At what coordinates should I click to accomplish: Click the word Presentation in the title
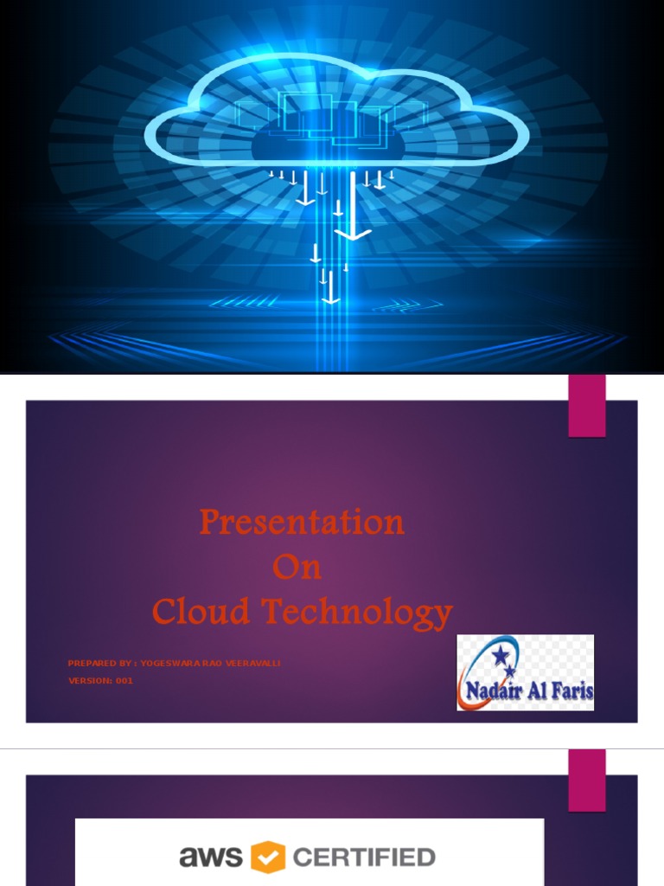tap(302, 522)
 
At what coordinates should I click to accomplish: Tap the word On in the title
tap(297, 568)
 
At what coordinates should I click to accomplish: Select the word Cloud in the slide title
tap(201, 613)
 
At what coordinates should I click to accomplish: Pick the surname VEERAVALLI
tap(252, 664)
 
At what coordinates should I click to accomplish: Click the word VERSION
tap(89, 681)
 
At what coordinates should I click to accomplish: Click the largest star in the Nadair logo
tap(501, 658)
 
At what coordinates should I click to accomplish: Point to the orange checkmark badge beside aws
tap(268, 857)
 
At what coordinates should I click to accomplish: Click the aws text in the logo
tap(211, 857)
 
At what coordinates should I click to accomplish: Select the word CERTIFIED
tap(363, 857)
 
